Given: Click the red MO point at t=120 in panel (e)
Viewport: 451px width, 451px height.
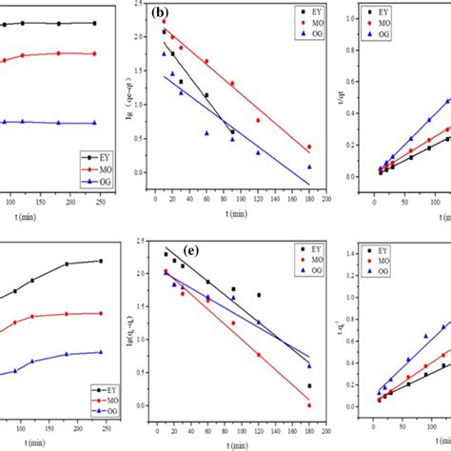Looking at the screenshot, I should click(257, 355).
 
